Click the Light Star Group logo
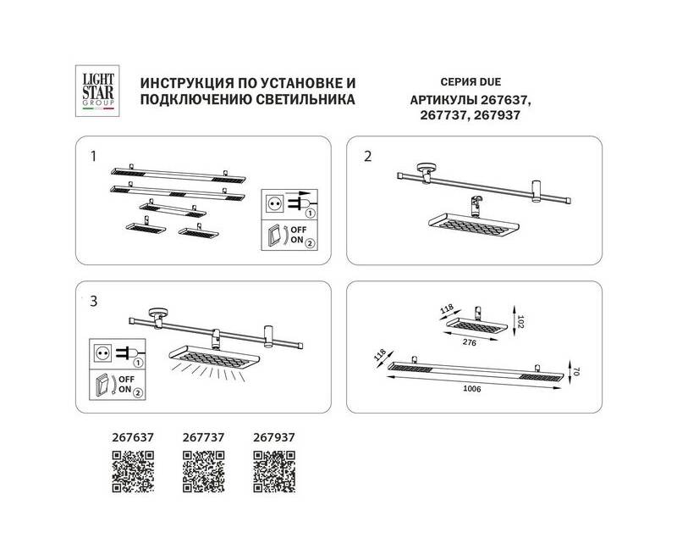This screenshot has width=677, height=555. click(97, 91)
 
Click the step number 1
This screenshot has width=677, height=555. click(93, 156)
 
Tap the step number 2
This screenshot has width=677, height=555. click(367, 156)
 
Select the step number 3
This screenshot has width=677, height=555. click(94, 301)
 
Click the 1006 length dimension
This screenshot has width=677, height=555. click(472, 389)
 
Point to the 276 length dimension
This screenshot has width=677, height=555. click(470, 342)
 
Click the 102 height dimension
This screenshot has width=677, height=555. click(520, 322)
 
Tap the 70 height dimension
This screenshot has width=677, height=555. click(576, 371)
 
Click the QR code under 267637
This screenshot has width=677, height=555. click(133, 472)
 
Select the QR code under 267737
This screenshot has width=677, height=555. click(203, 472)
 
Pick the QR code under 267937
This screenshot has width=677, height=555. click(274, 472)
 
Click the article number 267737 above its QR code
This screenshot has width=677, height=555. click(203, 437)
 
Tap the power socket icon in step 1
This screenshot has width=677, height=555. click(273, 203)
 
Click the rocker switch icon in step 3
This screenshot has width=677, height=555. click(102, 385)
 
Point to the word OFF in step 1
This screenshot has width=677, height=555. click(299, 230)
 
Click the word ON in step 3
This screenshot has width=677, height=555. click(124, 389)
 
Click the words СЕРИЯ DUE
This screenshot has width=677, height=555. click(471, 81)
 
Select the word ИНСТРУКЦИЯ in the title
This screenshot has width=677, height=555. click(184, 82)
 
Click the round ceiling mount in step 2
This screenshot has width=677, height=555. click(427, 168)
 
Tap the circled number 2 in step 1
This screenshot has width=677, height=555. click(310, 243)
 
